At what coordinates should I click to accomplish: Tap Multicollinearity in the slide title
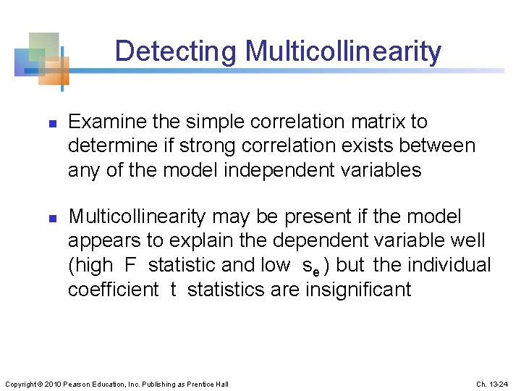pos(343,51)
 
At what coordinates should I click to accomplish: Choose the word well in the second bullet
pos(467,240)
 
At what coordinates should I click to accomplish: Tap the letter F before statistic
pos(130,265)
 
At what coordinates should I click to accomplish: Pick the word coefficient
pos(113,289)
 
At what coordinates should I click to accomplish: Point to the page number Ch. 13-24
pos(492,384)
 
